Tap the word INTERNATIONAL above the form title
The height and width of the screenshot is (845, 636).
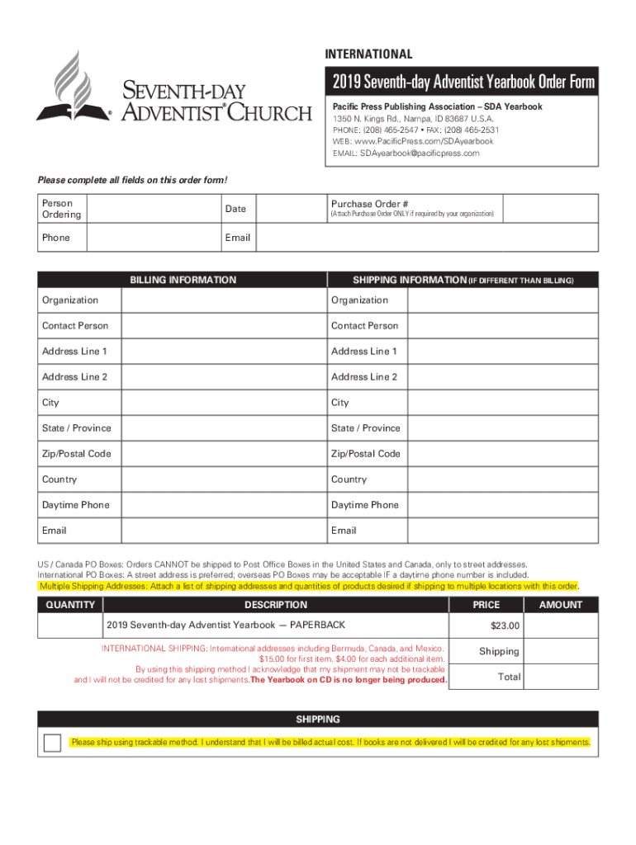click(368, 54)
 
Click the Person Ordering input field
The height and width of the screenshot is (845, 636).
click(153, 209)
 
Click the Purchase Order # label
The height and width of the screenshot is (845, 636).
click(369, 204)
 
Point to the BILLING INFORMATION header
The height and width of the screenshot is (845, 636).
click(183, 280)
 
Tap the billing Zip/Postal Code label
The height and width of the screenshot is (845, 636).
click(77, 454)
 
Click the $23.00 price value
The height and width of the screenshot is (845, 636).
click(505, 626)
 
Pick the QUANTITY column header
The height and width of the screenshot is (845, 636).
click(70, 605)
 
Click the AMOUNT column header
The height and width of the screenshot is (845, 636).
click(561, 605)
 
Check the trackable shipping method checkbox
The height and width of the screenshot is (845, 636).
click(53, 743)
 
